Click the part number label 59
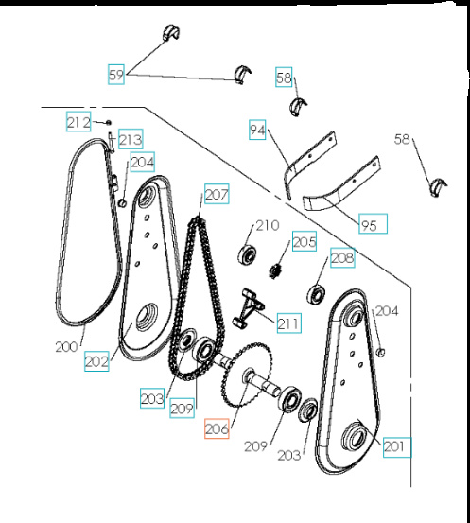point(115,74)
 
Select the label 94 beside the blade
point(257,131)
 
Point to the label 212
point(78,121)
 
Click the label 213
point(130,140)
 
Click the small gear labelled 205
point(278,270)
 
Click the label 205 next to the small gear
point(304,243)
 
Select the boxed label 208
point(341,256)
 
